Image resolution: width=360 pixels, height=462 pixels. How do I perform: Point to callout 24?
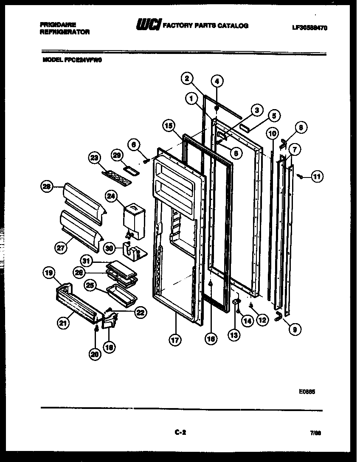click(x=111, y=196)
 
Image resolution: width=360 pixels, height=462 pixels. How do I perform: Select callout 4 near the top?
click(x=217, y=81)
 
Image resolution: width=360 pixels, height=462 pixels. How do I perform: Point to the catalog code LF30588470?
click(x=309, y=28)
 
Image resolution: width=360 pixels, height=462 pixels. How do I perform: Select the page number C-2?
click(x=180, y=433)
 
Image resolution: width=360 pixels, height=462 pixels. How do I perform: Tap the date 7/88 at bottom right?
click(x=315, y=433)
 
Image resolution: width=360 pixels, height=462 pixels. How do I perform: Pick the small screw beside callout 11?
click(x=300, y=176)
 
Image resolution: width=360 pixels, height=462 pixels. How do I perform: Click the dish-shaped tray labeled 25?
click(x=122, y=293)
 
